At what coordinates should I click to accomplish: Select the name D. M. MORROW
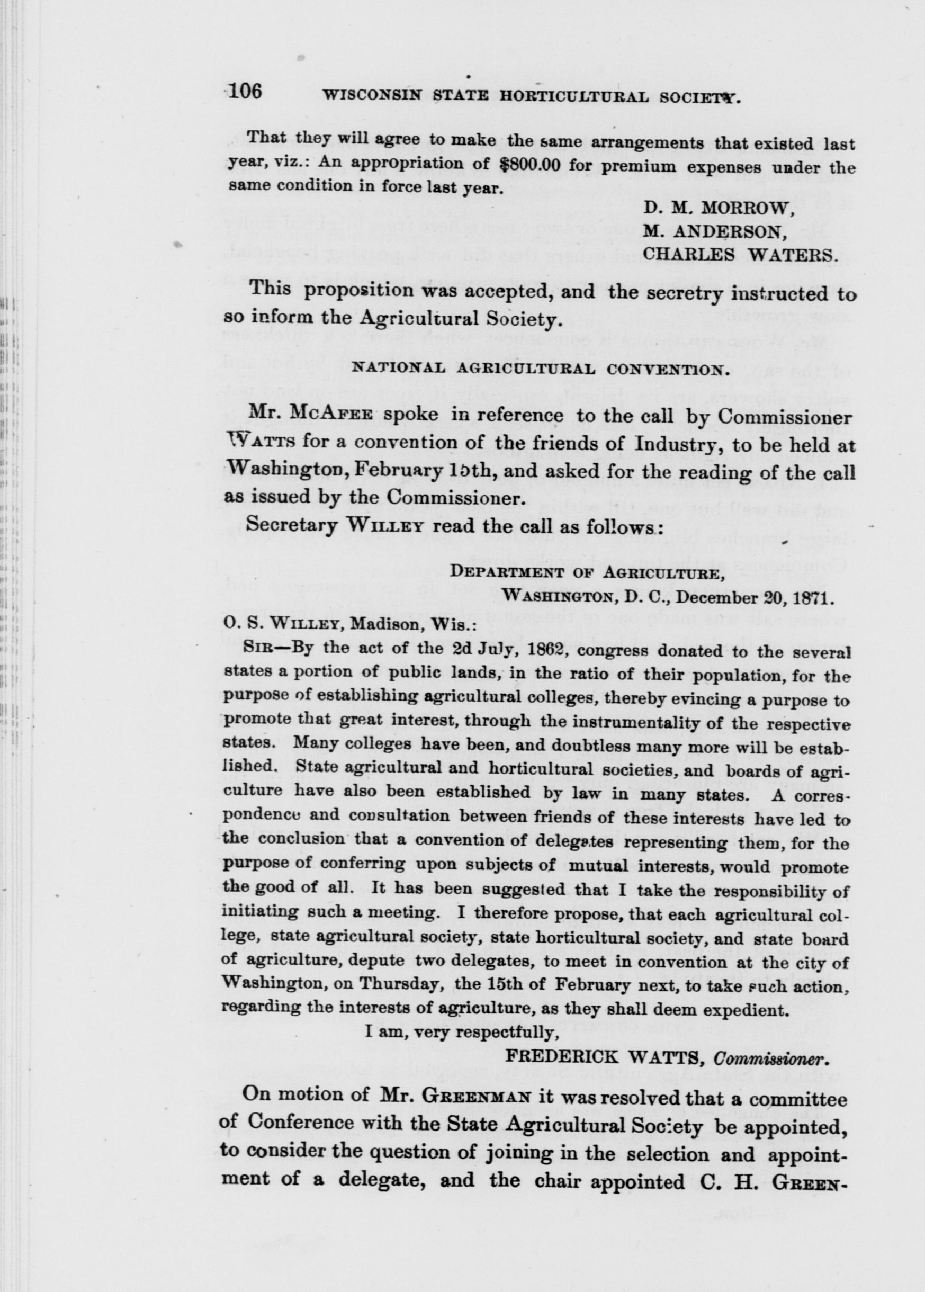coord(720,209)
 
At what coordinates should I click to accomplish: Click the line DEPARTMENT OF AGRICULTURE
coord(587,573)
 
